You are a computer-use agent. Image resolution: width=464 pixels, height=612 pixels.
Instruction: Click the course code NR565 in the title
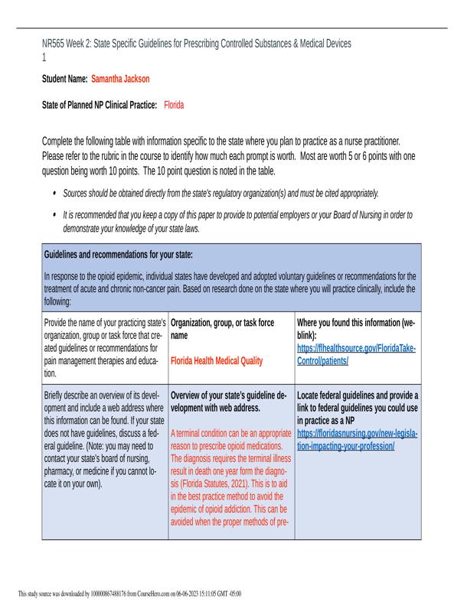pos(56,44)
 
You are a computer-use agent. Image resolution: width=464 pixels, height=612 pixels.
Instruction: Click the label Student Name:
pos(64,79)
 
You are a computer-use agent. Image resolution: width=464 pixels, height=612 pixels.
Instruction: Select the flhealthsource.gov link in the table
pos(356,353)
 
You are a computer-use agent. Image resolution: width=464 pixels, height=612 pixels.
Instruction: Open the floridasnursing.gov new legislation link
pos(356,439)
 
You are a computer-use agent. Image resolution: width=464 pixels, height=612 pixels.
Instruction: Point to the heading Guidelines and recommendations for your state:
pos(119,253)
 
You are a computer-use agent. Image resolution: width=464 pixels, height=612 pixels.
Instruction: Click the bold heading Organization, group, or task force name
pos(222,329)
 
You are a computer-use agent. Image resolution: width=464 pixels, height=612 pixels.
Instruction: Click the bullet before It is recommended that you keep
pos(54,216)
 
